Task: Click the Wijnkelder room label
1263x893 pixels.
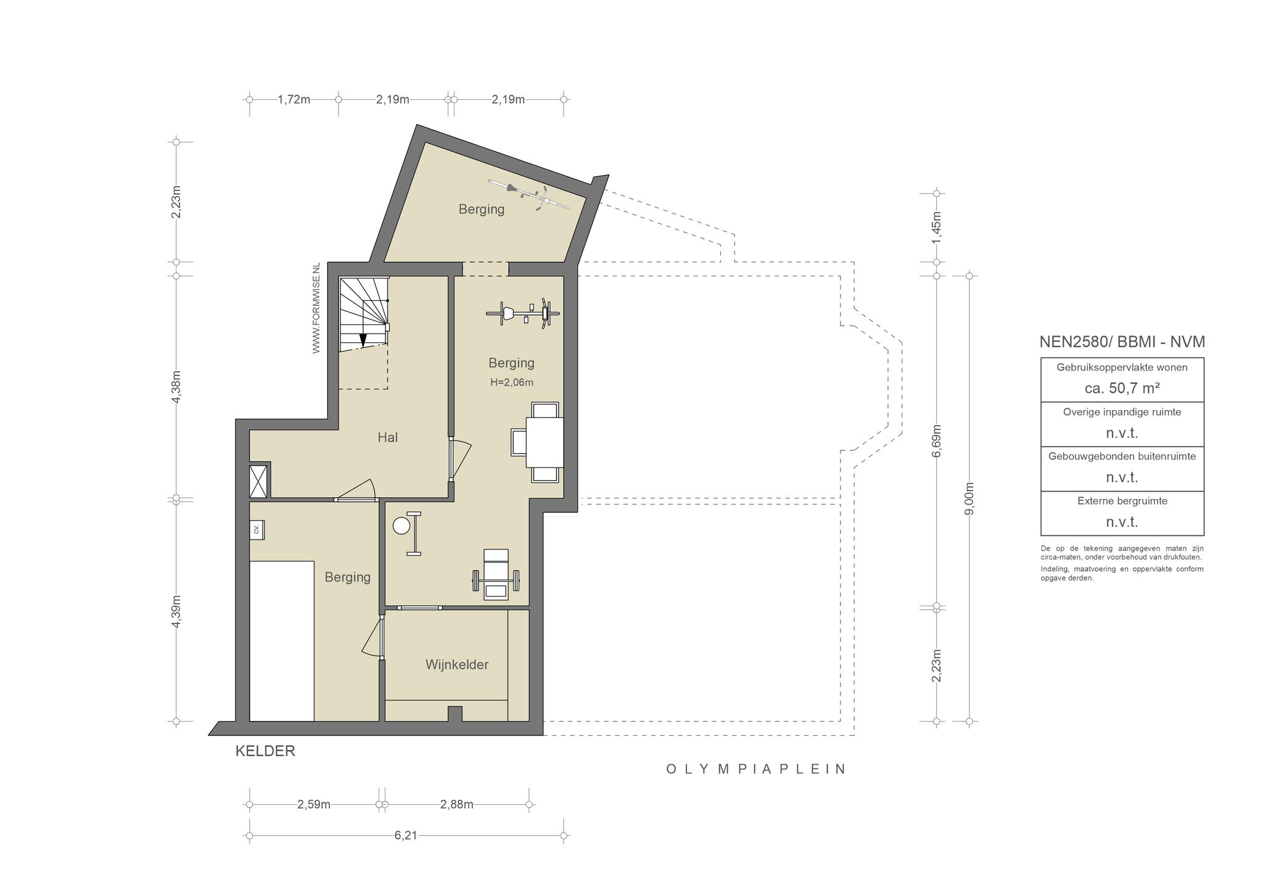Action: pos(457,665)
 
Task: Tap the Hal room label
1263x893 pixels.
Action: pos(388,437)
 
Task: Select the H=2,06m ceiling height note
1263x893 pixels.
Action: pos(512,382)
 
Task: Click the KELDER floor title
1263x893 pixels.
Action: pos(265,751)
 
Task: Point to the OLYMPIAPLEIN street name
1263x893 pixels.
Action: pos(755,769)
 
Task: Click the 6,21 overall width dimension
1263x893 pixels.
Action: pos(406,836)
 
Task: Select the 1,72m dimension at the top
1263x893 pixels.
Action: pos(294,99)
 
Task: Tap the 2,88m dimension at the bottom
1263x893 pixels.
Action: pos(457,804)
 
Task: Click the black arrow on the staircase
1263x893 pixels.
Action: pos(363,340)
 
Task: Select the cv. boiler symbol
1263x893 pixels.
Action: pos(257,529)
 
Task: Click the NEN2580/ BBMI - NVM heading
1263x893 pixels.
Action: pos(1122,342)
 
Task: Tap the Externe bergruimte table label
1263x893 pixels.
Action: pos(1122,501)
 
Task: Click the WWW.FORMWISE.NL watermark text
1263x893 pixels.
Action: pos(316,308)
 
